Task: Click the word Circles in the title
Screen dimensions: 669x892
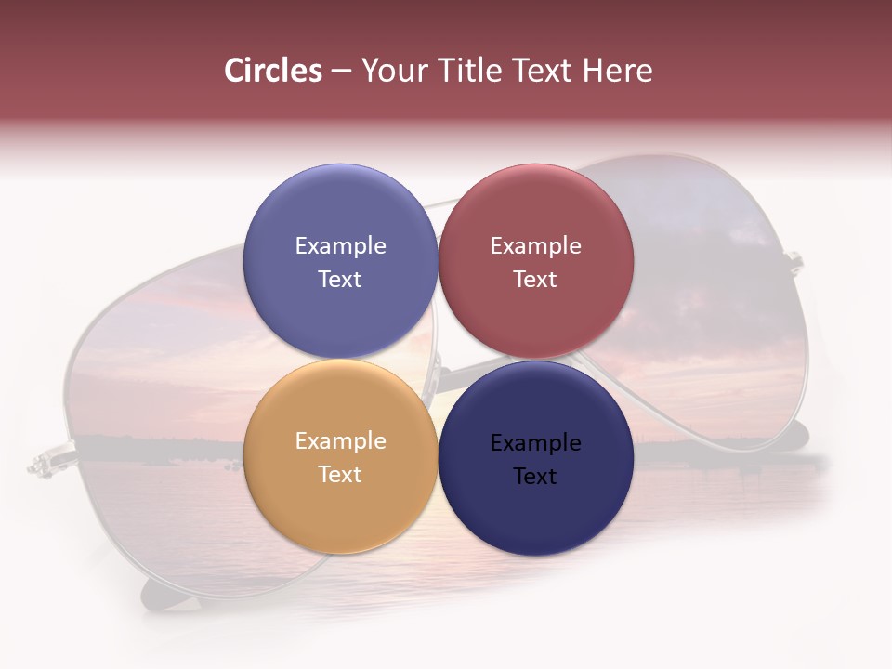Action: click(x=273, y=71)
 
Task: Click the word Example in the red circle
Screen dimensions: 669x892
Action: click(x=535, y=246)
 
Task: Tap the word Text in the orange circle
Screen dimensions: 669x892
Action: click(x=340, y=474)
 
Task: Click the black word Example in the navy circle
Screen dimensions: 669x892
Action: click(x=535, y=443)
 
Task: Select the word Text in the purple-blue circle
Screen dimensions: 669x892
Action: click(x=340, y=279)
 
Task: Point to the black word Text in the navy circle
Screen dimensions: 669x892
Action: click(x=535, y=476)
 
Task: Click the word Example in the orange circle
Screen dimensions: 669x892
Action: click(x=340, y=441)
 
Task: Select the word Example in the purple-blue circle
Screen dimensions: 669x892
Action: click(x=340, y=246)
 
